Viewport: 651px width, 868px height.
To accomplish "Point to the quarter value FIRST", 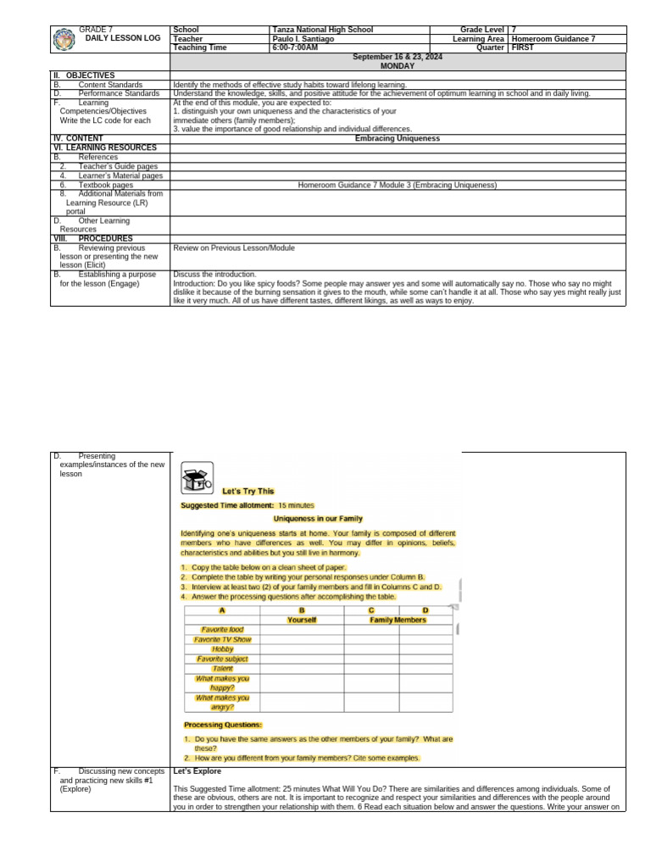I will (x=522, y=48).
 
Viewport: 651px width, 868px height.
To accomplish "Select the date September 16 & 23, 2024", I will (x=397, y=57).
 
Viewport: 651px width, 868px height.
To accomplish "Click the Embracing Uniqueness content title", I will (x=397, y=138).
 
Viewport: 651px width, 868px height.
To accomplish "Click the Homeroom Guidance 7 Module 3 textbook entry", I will (x=397, y=185).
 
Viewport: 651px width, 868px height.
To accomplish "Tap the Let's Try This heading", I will (x=248, y=492).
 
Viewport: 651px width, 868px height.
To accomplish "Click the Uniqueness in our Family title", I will (x=318, y=518).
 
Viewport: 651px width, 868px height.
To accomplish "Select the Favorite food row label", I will (x=222, y=630).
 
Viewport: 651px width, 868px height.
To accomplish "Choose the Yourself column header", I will (x=302, y=620).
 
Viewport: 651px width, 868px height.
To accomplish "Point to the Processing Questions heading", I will (x=223, y=725).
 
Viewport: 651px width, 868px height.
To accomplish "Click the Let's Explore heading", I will (x=197, y=771).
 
